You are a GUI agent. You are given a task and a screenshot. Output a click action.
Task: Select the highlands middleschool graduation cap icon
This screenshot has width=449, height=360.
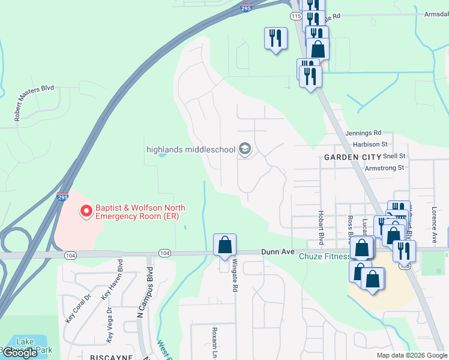(x=244, y=149)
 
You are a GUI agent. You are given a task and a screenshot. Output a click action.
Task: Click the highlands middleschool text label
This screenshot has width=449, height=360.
(x=191, y=149)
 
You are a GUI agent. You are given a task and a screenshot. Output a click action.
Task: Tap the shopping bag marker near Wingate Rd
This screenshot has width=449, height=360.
(x=224, y=245)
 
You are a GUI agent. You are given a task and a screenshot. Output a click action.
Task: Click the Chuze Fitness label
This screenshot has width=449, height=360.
(x=325, y=257)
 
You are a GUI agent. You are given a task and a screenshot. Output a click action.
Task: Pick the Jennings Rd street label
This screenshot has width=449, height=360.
(x=363, y=133)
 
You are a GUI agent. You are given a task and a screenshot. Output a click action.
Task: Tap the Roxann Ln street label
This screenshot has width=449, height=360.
(x=214, y=341)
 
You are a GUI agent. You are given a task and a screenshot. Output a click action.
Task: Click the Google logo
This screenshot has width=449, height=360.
(x=20, y=353)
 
